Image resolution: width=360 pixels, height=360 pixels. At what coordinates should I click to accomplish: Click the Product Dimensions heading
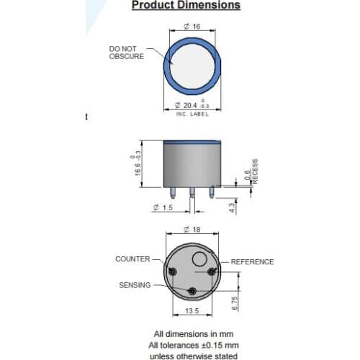pyautogui.click(x=185, y=6)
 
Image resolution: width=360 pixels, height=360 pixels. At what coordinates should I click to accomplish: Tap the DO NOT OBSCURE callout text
pyautogui.click(x=126, y=53)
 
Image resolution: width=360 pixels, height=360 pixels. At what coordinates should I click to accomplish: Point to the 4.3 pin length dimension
pyautogui.click(x=230, y=207)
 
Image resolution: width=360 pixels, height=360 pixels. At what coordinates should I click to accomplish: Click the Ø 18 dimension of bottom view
pyautogui.click(x=191, y=230)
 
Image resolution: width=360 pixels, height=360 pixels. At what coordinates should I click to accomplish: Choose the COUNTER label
pyautogui.click(x=132, y=258)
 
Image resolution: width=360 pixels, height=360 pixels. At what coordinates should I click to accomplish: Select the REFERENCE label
pyautogui.click(x=252, y=262)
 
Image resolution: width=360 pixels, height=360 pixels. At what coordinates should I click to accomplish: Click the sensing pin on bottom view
pyautogui.click(x=192, y=290)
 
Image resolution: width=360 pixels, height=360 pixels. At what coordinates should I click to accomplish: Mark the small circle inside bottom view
pyautogui.click(x=200, y=260)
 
